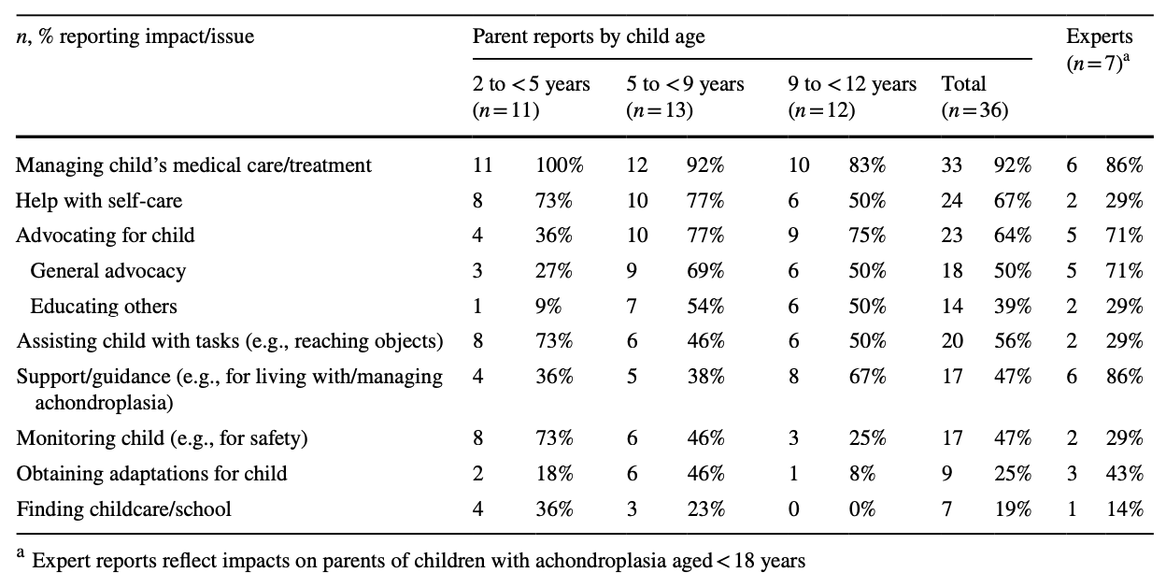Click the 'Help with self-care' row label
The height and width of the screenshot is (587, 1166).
coord(99,200)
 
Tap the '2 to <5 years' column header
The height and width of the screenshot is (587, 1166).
coord(532,96)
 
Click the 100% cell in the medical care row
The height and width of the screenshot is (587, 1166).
coord(559,165)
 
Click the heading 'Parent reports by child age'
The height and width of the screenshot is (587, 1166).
coord(589,37)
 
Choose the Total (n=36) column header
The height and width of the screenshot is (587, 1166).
coord(974,96)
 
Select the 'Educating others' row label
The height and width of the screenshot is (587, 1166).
coord(104,307)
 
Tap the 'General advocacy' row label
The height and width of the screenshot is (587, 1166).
coord(108,271)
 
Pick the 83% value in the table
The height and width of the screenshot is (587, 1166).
coord(866,165)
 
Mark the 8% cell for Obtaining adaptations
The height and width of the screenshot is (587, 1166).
coord(861,474)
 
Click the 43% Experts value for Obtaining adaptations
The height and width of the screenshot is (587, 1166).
coord(1125,474)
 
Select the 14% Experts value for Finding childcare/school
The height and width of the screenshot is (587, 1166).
coord(1125,509)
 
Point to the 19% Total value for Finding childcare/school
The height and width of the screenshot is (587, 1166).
coord(1012,509)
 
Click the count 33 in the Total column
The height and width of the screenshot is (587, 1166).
coord(952,165)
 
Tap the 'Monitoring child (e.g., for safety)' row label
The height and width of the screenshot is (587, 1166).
coord(163,438)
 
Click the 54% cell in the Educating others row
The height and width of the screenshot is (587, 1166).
coord(704,307)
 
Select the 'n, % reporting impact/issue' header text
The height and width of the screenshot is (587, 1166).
coord(135,37)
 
